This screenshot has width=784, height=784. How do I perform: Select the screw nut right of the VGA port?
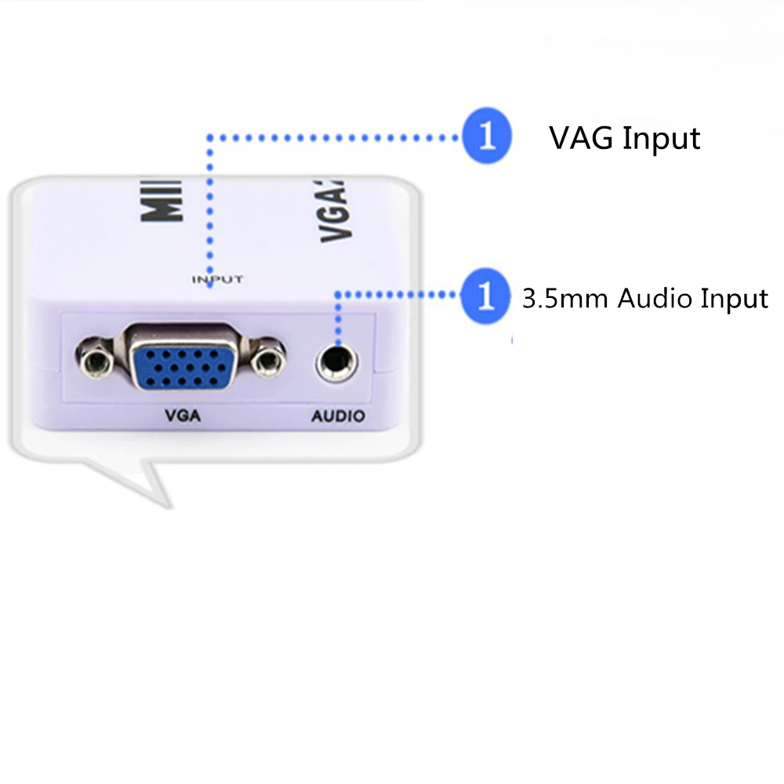coord(269,361)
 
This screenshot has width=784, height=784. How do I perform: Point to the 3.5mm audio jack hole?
coord(337,362)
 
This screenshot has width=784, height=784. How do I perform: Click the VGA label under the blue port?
coord(183,416)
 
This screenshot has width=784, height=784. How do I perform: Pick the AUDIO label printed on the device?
coord(339,416)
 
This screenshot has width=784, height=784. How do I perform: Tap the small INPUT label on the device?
coord(217,279)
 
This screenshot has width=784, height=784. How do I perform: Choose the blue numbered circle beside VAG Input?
coord(487,138)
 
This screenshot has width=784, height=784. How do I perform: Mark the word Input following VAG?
coord(661,139)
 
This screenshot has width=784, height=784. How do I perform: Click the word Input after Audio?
coord(735,299)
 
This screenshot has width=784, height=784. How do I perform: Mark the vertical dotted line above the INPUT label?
coord(209,204)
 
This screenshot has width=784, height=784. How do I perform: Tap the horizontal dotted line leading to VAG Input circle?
coord(337,138)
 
